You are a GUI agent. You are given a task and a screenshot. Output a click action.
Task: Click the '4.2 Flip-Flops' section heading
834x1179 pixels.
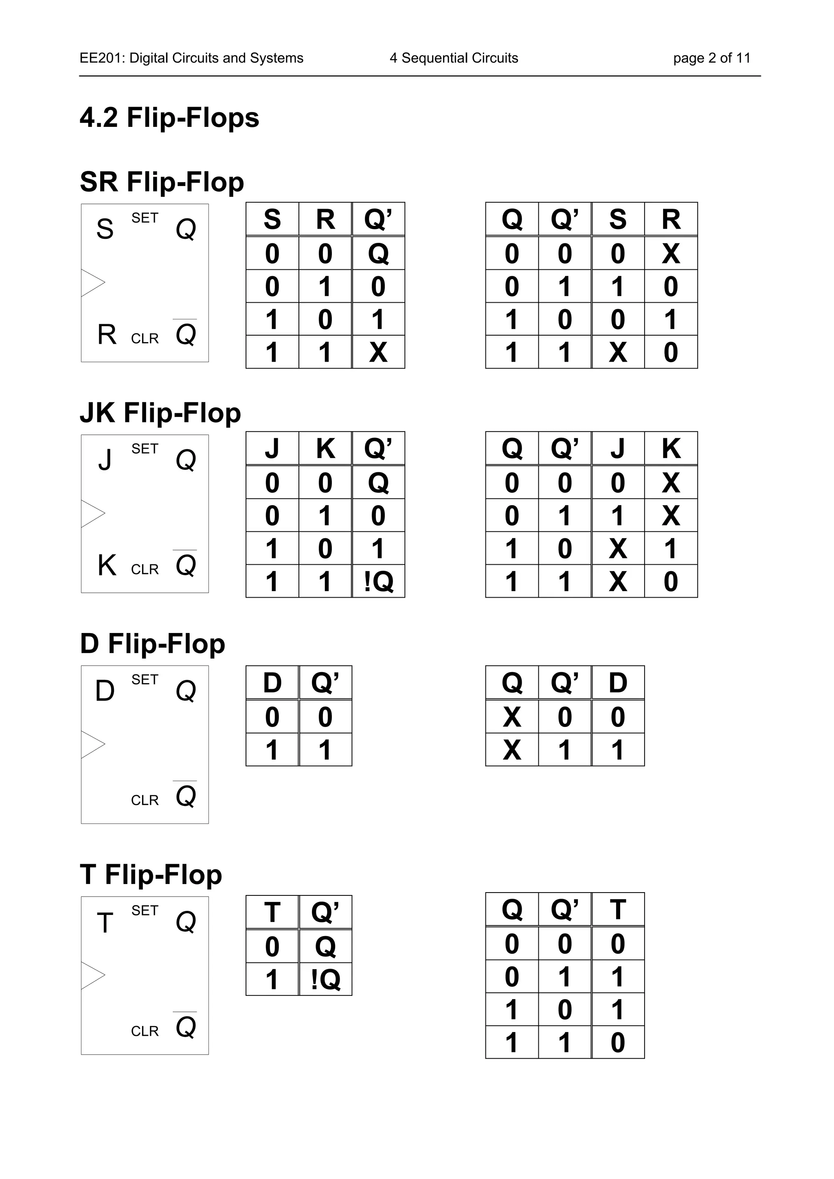[x=169, y=118]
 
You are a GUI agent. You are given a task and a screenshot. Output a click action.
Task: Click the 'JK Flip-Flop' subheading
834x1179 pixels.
[x=160, y=413]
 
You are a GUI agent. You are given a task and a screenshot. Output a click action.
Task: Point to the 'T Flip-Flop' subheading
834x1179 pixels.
[x=151, y=875]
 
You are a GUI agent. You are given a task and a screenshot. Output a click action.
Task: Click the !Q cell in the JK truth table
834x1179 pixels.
[x=378, y=581]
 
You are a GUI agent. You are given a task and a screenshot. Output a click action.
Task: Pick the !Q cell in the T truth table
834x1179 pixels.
[x=325, y=979]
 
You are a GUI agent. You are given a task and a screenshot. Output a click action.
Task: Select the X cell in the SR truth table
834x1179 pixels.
[x=378, y=352]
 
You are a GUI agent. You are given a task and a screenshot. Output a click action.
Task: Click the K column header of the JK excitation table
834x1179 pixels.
[x=671, y=448]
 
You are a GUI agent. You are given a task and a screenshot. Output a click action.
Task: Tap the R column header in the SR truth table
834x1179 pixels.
[x=325, y=219]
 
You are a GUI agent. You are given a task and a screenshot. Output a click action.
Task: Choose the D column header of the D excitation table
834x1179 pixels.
[x=618, y=682]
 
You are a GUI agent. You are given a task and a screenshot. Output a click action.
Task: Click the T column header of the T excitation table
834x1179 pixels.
[x=618, y=909]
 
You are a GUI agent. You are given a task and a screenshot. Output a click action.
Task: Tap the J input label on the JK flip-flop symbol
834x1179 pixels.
[x=105, y=460]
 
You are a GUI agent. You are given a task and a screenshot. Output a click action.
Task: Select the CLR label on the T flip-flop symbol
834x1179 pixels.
[x=145, y=1031]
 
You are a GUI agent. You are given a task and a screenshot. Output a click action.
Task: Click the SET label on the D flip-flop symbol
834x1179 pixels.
[x=145, y=679]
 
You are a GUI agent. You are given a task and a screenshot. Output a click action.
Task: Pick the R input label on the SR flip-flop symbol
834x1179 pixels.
[x=106, y=335]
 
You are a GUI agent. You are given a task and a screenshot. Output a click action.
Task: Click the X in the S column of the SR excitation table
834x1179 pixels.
[x=618, y=352]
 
